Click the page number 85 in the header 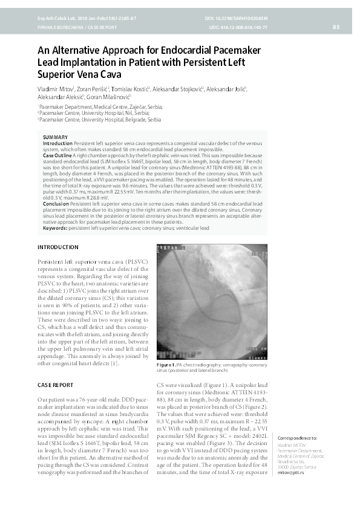(x=336, y=27)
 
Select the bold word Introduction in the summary (x=57, y=143)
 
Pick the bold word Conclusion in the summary (x=56, y=204)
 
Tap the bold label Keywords (x=56, y=227)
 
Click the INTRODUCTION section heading (x=58, y=247)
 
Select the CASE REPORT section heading (x=56, y=385)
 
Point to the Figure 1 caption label (x=166, y=365)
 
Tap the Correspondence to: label (x=296, y=437)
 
